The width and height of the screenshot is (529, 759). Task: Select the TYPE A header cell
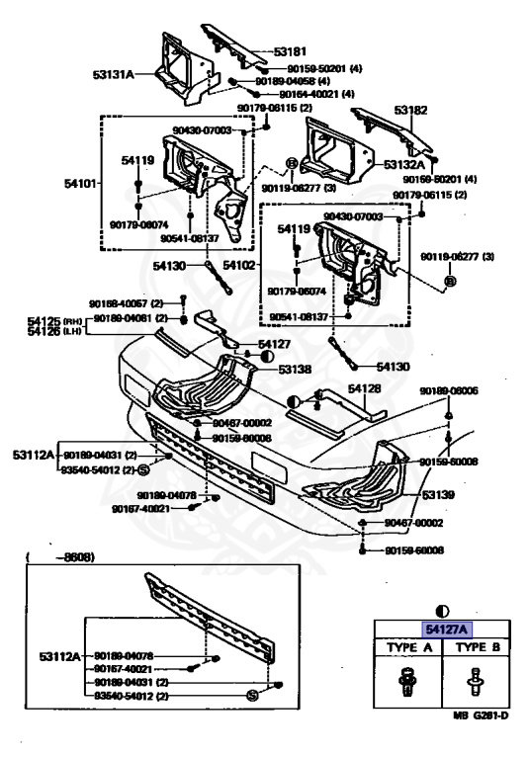click(x=405, y=647)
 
